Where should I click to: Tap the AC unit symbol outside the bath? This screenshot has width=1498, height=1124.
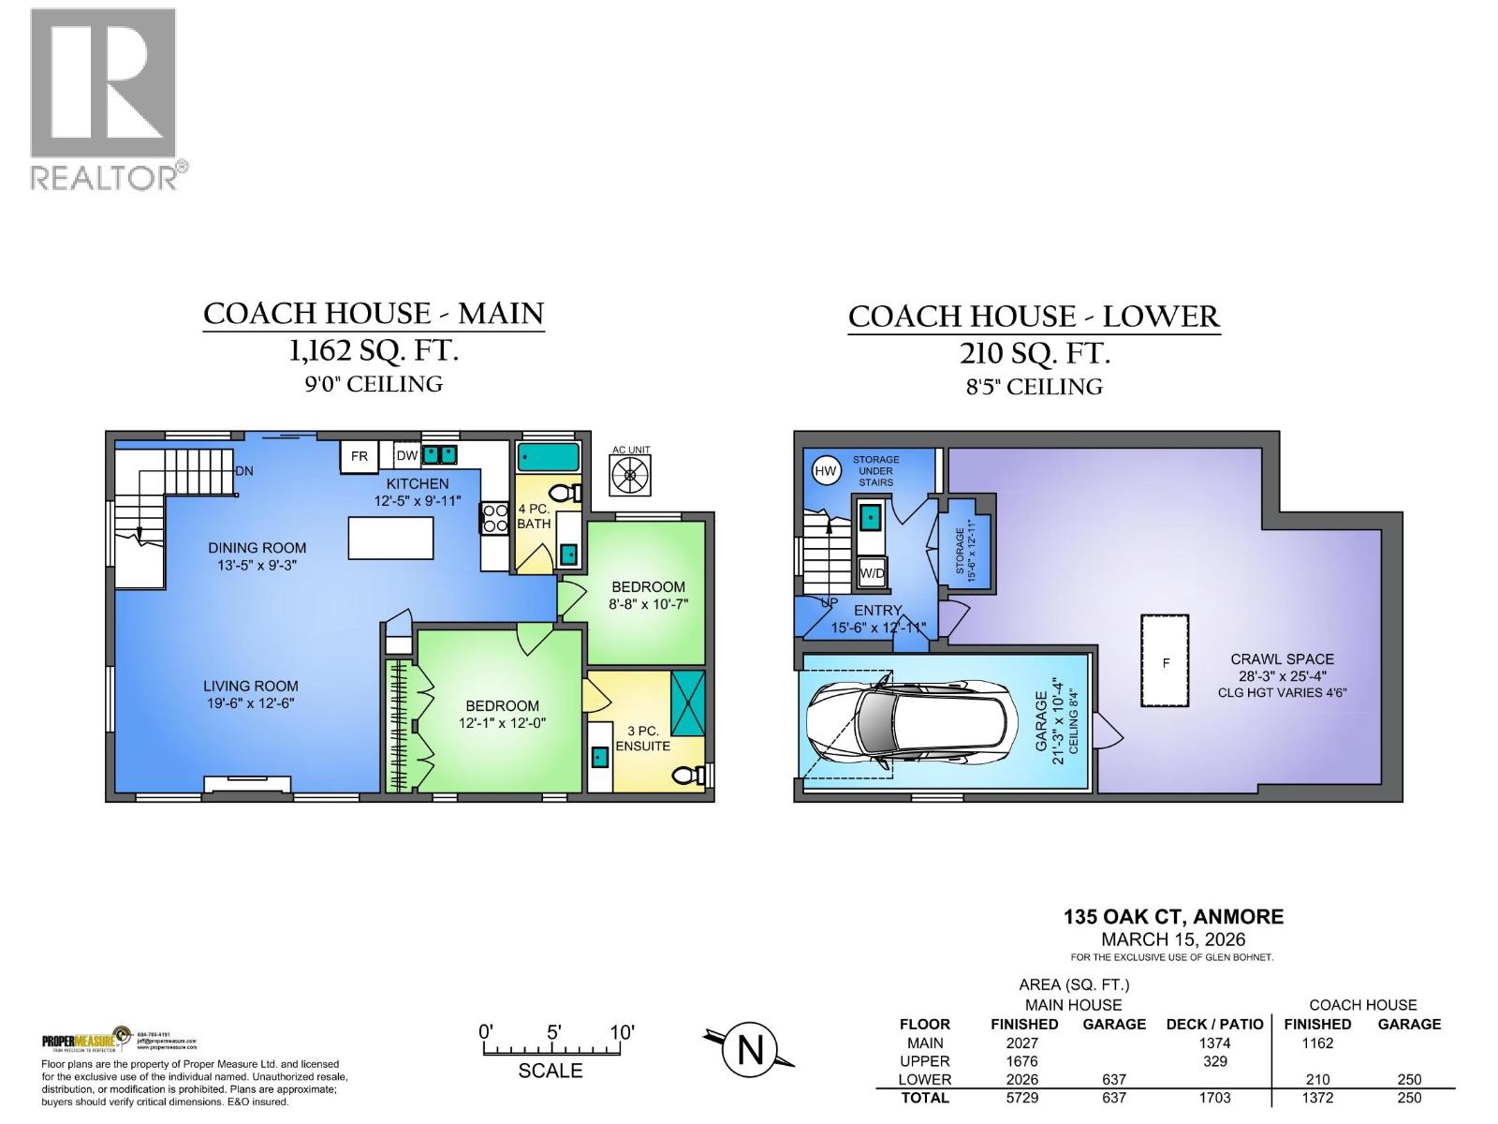[x=630, y=475]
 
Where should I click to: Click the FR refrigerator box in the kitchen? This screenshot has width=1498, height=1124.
[x=359, y=456]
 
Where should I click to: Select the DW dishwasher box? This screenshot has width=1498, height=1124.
[x=406, y=456]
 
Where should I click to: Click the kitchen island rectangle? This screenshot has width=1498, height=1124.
[x=390, y=539]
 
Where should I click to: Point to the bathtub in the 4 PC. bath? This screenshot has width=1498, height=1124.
[x=548, y=457]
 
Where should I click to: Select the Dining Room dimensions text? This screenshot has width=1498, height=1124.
[x=257, y=566]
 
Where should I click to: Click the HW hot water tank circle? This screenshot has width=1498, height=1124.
[x=825, y=471]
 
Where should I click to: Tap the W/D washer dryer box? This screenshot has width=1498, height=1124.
[x=871, y=572]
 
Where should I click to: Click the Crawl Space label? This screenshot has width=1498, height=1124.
[x=1282, y=659]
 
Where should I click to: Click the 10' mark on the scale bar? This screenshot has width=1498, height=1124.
[x=621, y=1033]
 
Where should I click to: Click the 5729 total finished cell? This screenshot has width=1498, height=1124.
[x=1023, y=1098]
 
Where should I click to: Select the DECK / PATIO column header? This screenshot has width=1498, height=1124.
[x=1214, y=1024]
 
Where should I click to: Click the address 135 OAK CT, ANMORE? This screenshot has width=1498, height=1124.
[x=1173, y=917]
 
